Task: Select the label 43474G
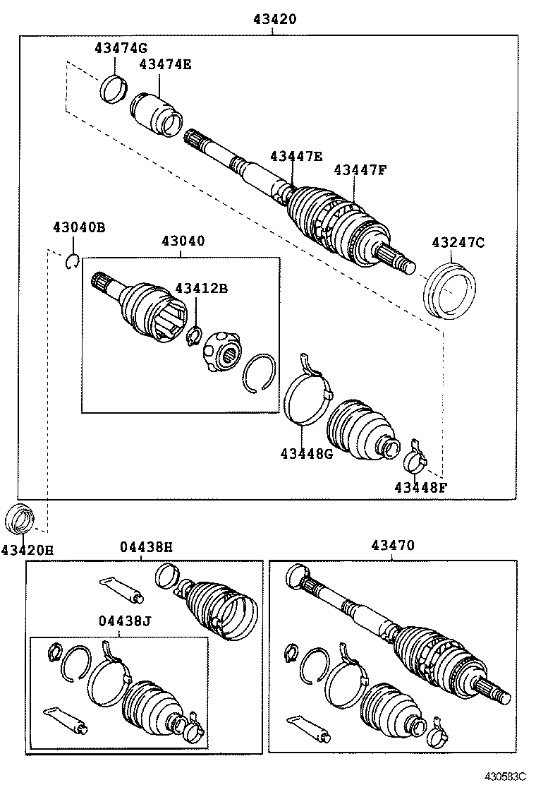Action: click(x=121, y=48)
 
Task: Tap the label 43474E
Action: click(x=165, y=65)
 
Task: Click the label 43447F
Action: click(x=360, y=169)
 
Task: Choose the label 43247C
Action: click(x=458, y=243)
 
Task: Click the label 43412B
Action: click(x=201, y=288)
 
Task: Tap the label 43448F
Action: click(x=420, y=486)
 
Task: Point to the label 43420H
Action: click(x=27, y=549)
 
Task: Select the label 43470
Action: click(x=393, y=545)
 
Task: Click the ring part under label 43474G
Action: click(x=113, y=88)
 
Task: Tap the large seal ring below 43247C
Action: click(x=449, y=290)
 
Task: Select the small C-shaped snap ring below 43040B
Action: click(x=73, y=263)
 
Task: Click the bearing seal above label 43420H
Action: click(x=20, y=519)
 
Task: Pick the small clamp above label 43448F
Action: click(x=416, y=457)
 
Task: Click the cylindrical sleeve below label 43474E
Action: click(x=156, y=112)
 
